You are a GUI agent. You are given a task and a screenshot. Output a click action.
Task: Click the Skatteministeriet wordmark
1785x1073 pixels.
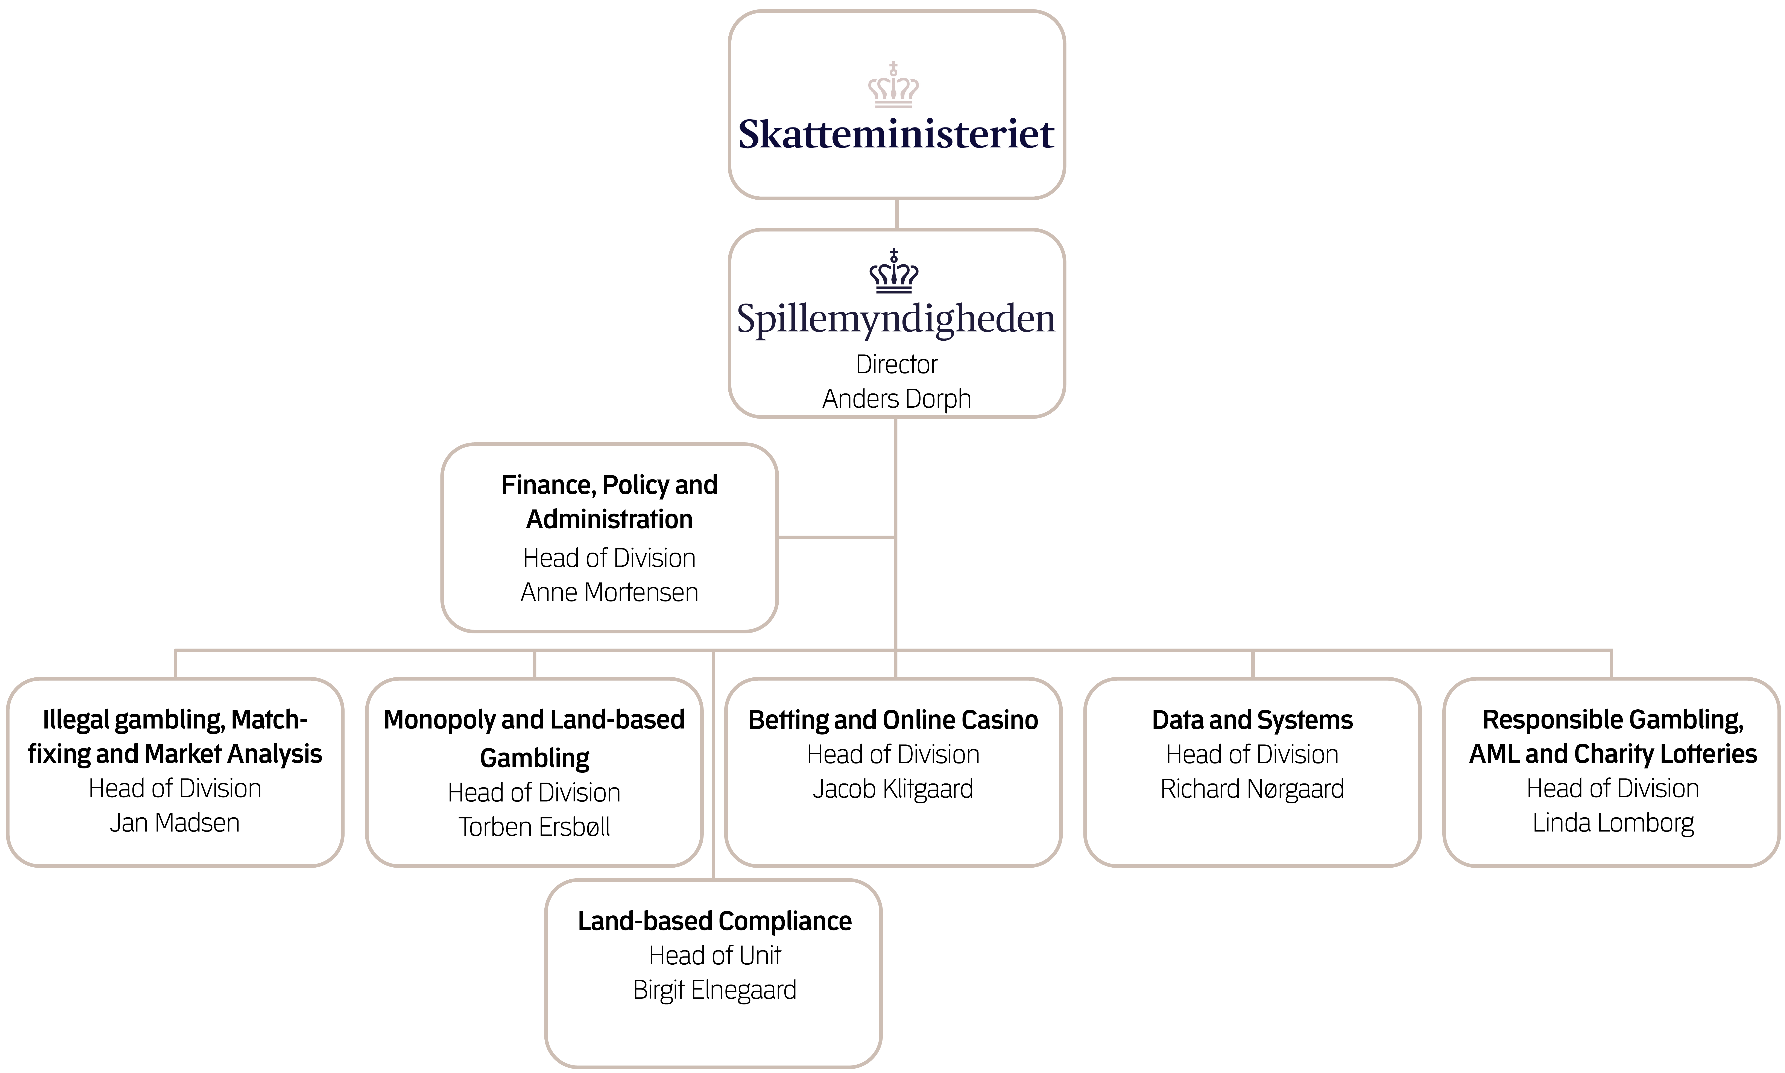pos(896,135)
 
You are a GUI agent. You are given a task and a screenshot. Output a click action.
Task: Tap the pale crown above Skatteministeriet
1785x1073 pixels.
pos(894,85)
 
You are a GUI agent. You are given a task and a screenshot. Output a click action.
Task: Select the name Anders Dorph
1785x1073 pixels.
pos(896,398)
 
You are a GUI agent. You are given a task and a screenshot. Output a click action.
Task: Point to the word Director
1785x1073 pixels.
pos(896,364)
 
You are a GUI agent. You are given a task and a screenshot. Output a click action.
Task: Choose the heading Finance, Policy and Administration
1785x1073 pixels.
pos(609,502)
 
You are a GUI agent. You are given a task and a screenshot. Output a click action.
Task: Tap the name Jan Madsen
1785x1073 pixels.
pos(175,823)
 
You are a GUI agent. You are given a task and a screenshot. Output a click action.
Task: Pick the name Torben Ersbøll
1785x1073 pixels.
pos(534,826)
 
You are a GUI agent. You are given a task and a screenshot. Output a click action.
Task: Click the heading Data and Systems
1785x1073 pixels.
pos(1252,720)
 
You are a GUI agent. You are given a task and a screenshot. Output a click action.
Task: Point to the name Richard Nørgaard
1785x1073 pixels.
pos(1252,789)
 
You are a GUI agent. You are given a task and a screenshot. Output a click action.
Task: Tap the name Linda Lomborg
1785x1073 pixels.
pos(1613,823)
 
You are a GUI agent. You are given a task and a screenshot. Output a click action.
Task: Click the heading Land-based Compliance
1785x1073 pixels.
pos(714,921)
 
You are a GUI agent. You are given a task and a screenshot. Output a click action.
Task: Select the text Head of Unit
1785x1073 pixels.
pos(714,956)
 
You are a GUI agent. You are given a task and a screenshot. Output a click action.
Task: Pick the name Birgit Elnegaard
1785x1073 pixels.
pos(714,990)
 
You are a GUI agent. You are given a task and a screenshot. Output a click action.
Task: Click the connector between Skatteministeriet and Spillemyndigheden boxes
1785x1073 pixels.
pos(896,214)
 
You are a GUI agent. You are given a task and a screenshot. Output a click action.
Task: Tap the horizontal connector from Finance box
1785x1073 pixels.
pos(836,537)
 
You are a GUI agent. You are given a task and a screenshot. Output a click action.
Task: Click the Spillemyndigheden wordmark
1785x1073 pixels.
pos(896,319)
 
